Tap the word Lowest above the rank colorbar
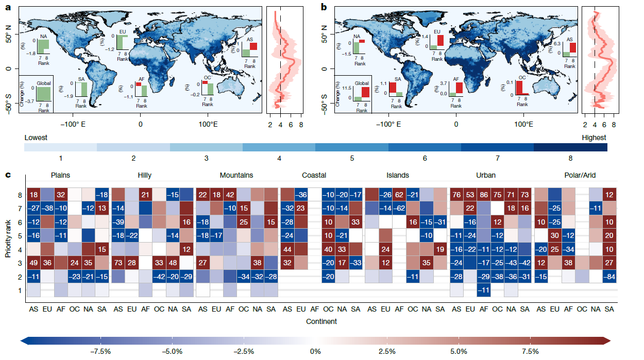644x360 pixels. click(x=36, y=138)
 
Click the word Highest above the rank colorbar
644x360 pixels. click(x=594, y=138)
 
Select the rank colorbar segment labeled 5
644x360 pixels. click(x=352, y=147)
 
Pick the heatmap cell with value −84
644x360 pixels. click(x=609, y=277)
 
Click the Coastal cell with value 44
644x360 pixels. click(x=287, y=249)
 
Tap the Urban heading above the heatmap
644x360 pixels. click(x=485, y=175)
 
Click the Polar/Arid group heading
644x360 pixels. click(x=580, y=175)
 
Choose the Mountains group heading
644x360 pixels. click(x=236, y=175)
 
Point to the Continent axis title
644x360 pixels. click(x=322, y=321)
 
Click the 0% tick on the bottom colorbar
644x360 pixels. click(x=315, y=352)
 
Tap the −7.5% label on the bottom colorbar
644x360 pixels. click(x=101, y=352)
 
